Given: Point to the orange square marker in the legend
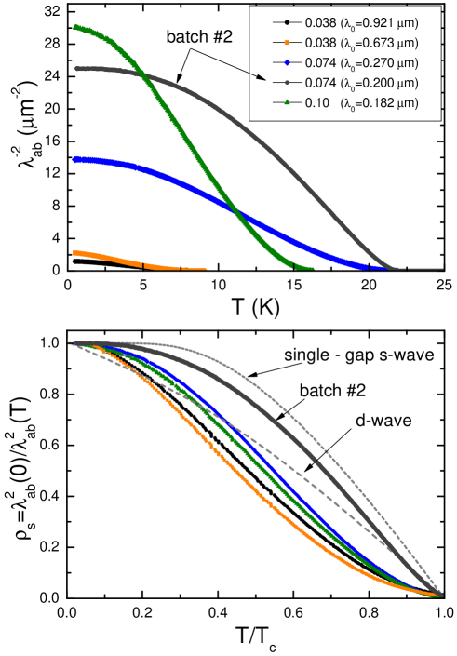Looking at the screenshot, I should [287, 42].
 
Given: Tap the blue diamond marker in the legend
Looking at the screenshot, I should [287, 62].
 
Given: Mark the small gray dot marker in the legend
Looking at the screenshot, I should [287, 83].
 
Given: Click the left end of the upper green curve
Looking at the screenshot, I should [75, 27].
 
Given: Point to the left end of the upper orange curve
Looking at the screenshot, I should [75, 252].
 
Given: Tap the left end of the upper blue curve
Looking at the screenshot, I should [75, 160].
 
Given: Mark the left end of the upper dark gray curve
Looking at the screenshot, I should [76, 69].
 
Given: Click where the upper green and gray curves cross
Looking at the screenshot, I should [137, 72].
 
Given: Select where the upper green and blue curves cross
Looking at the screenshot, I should [238, 215].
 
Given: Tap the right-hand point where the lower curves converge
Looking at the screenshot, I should [441, 595].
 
